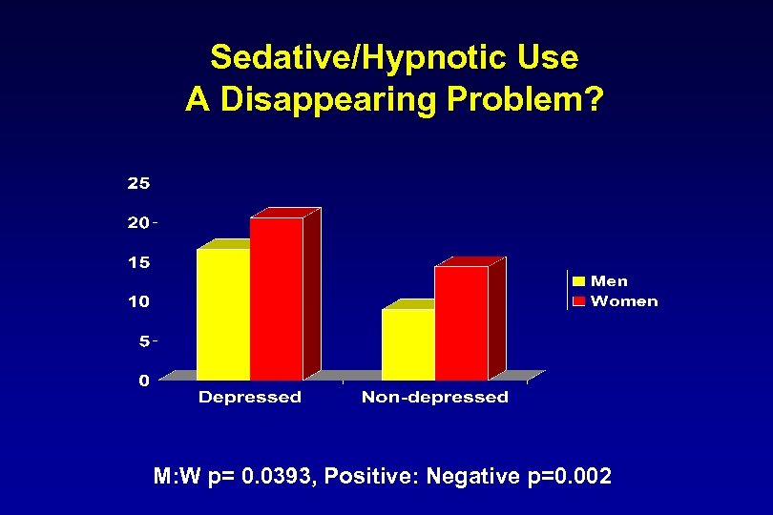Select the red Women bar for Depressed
point(276,298)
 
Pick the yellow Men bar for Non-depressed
point(407,343)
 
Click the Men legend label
point(609,280)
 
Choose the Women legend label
point(624,301)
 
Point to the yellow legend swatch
point(578,280)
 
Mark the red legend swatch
point(578,301)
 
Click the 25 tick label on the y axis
point(138,182)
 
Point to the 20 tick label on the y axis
point(138,222)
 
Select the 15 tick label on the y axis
point(138,261)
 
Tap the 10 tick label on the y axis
point(138,301)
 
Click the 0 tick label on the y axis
point(143,381)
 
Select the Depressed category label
point(249,397)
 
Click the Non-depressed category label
point(434,397)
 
